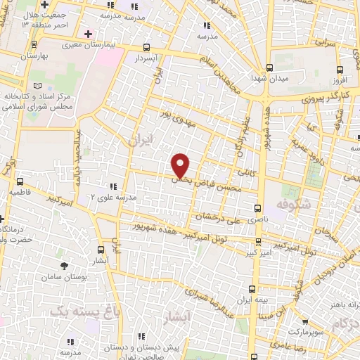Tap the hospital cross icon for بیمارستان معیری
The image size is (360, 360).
87,33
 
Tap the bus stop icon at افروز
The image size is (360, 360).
341,69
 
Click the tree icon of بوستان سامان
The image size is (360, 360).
65,265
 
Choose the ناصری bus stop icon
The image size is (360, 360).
258,208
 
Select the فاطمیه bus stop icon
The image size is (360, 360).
19,181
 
